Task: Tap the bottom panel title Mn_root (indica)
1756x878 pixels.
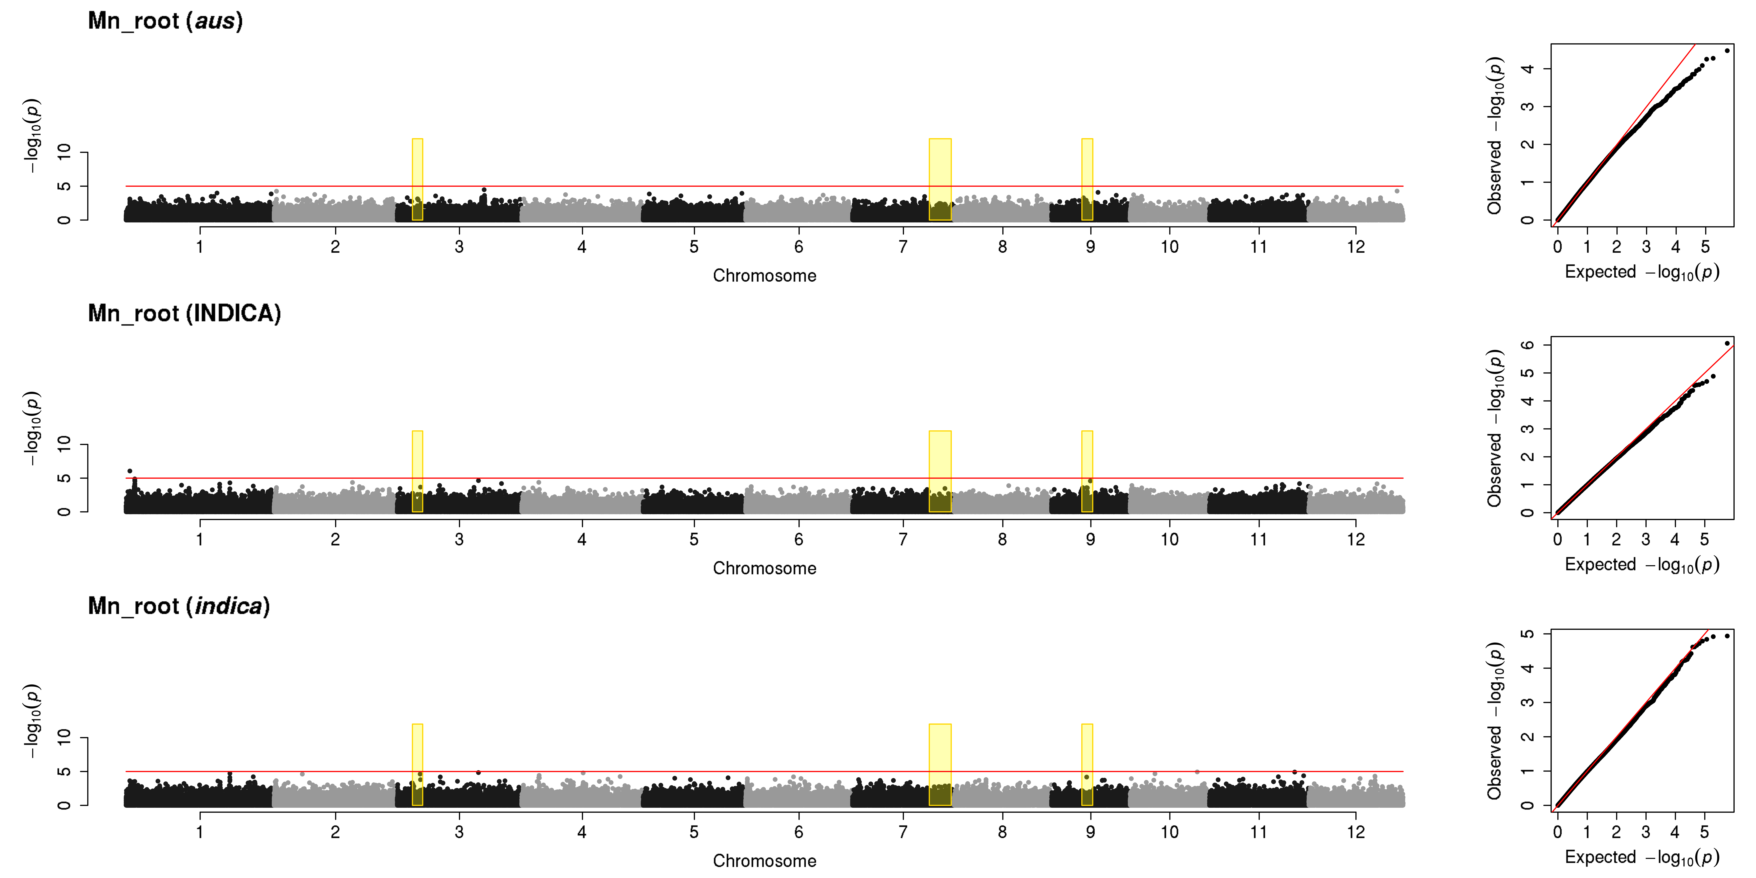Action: coord(179,606)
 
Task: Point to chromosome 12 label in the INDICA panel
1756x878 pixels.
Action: coord(1356,539)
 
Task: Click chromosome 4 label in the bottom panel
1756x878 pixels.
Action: coord(581,832)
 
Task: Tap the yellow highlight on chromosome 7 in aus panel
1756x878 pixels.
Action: coord(940,179)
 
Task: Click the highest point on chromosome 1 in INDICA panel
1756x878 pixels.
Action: coord(130,471)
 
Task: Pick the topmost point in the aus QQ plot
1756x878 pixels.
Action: coord(1727,50)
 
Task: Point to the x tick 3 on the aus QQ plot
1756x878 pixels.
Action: coord(1646,247)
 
